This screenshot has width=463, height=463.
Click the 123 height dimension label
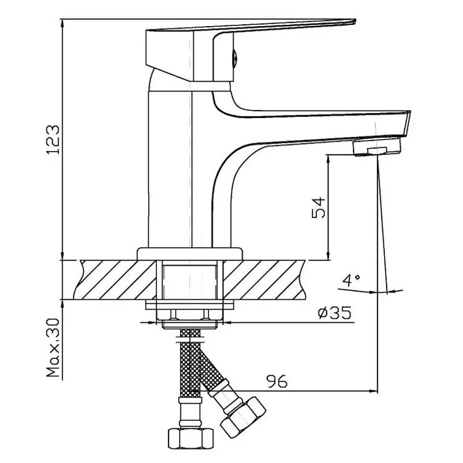52,139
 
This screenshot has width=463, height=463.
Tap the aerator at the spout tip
376,148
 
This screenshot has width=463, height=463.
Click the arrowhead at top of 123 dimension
61,23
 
